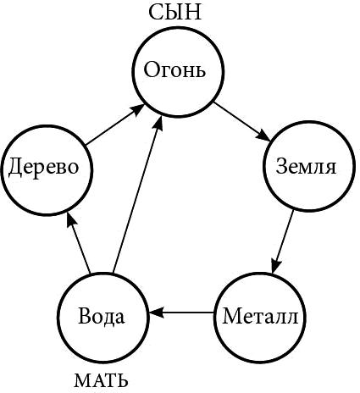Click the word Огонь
(x=174, y=69)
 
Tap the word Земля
(x=306, y=166)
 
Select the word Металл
(x=260, y=316)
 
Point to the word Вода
(x=101, y=316)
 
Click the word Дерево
(x=43, y=167)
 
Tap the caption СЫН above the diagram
(x=175, y=13)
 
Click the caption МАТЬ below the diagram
(x=101, y=380)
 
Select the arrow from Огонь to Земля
(x=242, y=121)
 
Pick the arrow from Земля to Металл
(x=283, y=242)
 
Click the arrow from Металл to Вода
(x=181, y=313)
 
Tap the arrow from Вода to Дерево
(x=78, y=243)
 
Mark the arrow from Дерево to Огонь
(x=115, y=125)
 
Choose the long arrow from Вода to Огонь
(x=137, y=195)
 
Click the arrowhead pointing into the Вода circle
(x=157, y=313)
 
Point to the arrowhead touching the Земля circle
(x=264, y=136)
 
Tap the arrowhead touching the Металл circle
(x=276, y=265)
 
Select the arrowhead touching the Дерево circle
(x=71, y=221)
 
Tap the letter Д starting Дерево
(x=15, y=168)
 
